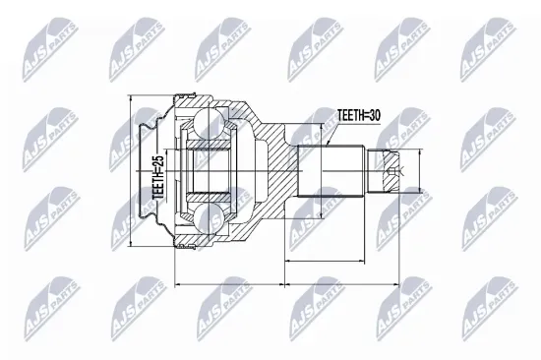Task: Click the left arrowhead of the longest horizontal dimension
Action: (x=176, y=285)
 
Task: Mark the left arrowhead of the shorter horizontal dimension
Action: (x=286, y=262)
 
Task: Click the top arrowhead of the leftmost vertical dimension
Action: (x=132, y=97)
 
